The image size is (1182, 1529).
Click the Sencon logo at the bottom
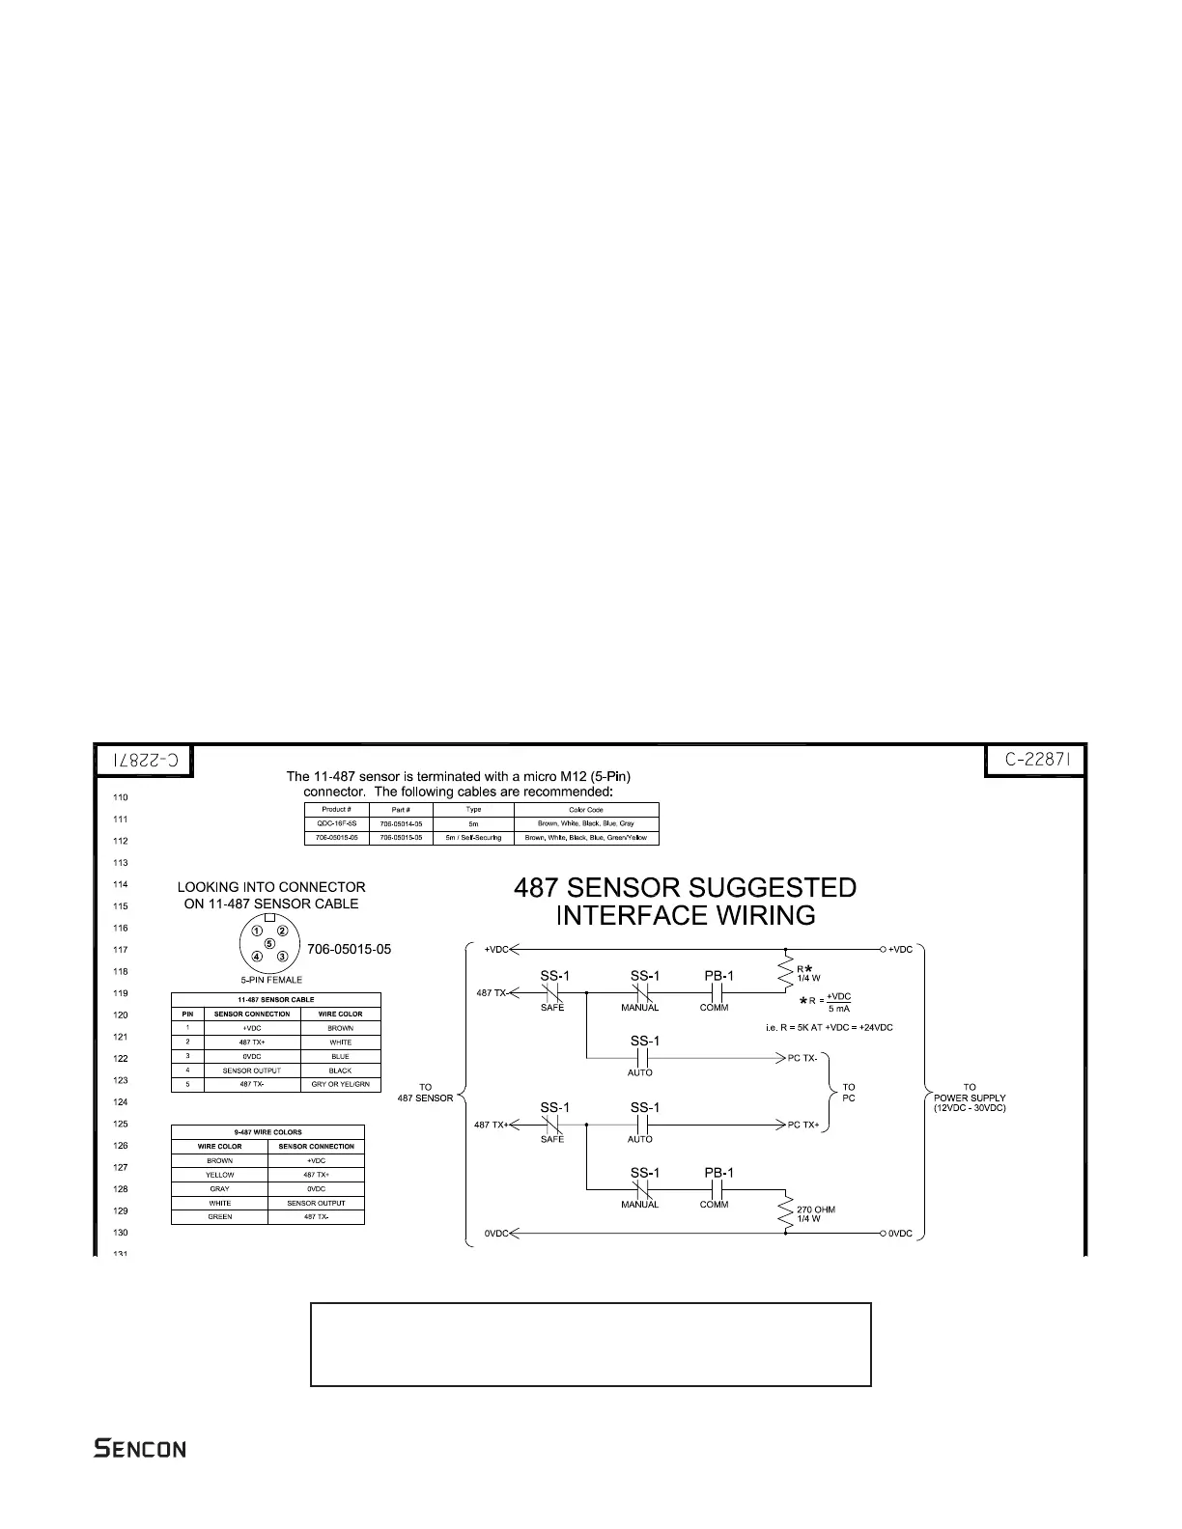(140, 1449)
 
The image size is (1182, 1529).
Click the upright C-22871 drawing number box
(1035, 761)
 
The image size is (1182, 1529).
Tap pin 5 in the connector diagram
(269, 943)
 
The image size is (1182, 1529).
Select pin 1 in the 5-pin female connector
(258, 931)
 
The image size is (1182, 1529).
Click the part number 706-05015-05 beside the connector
(349, 949)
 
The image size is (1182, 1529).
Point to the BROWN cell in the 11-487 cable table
(340, 1029)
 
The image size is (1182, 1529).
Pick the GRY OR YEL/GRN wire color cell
(340, 1085)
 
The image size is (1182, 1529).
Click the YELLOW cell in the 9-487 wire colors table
(219, 1175)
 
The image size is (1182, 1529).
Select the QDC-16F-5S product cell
(336, 824)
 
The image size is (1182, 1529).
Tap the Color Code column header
(585, 810)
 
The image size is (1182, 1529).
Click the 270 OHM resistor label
(816, 1209)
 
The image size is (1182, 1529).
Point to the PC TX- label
(803, 1059)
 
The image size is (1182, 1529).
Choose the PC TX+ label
(803, 1125)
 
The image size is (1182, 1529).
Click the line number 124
(120, 1102)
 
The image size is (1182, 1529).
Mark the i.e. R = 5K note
(829, 1028)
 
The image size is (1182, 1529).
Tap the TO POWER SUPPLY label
(970, 1098)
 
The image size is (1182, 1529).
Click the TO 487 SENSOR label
(425, 1093)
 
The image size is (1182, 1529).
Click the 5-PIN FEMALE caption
(271, 980)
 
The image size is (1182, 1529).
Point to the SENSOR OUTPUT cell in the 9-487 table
(316, 1203)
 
